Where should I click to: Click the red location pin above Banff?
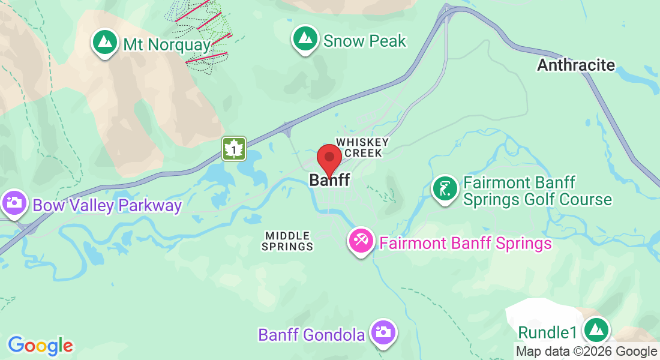[329, 158]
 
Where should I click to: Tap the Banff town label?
[329, 179]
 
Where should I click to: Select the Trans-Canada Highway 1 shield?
[234, 149]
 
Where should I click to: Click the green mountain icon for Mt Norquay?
[106, 42]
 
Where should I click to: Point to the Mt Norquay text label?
[167, 44]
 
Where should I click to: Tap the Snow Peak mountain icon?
[305, 38]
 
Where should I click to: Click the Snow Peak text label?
[365, 41]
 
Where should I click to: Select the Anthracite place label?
[576, 65]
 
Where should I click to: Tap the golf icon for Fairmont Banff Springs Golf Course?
[445, 189]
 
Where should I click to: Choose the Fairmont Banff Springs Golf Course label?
[537, 191]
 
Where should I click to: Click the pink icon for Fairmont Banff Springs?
[361, 241]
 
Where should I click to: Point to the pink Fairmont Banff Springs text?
[465, 243]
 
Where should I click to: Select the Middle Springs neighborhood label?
[288, 241]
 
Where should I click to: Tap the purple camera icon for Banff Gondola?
[382, 332]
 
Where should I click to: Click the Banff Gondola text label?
[311, 334]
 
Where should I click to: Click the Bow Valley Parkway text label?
[107, 206]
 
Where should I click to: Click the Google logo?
[40, 346]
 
